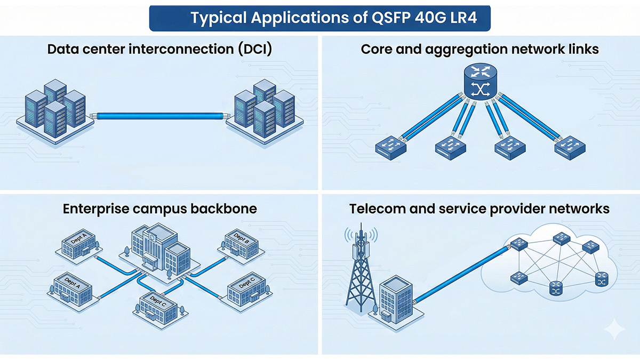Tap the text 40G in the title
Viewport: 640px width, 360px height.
pos(430,18)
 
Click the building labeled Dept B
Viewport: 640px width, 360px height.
pos(240,243)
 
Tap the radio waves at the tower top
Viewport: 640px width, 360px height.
pos(361,235)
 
